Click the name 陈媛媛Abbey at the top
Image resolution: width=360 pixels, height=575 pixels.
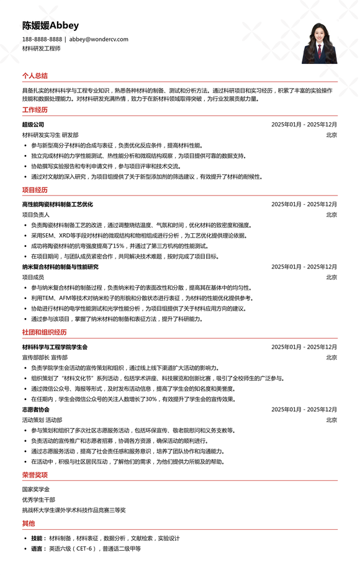[x=50, y=25]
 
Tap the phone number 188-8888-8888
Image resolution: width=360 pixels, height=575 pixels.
[x=42, y=39]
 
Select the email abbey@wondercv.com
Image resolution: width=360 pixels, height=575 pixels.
[x=99, y=39]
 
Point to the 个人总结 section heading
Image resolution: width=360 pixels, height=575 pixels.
[x=35, y=76]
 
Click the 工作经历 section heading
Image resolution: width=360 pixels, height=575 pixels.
[x=35, y=110]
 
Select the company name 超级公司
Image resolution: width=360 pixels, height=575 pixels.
[x=33, y=125]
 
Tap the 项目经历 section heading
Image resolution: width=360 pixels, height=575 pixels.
[x=35, y=190]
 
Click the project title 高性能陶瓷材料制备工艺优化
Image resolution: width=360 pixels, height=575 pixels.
[x=57, y=204]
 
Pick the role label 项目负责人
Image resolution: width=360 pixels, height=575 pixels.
[x=36, y=215]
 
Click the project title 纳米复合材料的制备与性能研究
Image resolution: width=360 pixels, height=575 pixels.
[x=60, y=267]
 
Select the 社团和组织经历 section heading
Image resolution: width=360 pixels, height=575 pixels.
[x=44, y=332]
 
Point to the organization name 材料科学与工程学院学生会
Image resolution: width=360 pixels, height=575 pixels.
[x=55, y=347]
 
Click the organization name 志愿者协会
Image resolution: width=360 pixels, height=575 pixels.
[x=36, y=409]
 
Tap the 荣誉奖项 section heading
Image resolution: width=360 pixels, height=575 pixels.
[x=35, y=475]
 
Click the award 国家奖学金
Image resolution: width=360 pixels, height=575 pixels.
[x=36, y=489]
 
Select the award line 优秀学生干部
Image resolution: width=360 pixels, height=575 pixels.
[x=38, y=499]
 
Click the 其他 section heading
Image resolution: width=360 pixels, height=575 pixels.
[x=29, y=524]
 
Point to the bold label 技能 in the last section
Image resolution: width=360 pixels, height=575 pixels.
[x=37, y=538]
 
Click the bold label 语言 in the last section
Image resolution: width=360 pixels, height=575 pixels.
[x=37, y=549]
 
